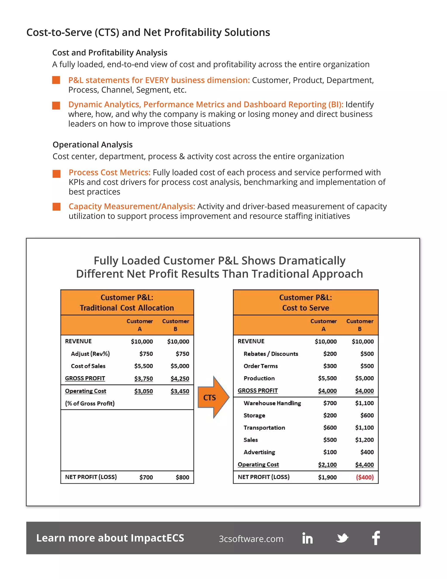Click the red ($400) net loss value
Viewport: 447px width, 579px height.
pos(365,477)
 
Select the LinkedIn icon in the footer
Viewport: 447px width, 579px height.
pos(308,538)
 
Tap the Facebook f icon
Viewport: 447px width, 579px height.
pos(376,538)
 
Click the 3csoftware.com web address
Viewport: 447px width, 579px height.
pos(251,539)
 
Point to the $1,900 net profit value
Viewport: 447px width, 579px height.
pos(327,477)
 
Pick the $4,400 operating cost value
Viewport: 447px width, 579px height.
pos(364,465)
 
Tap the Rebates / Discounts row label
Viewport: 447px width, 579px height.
pos(271,354)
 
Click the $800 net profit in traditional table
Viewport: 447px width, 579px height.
pos(182,477)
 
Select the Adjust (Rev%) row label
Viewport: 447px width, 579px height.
pos(90,354)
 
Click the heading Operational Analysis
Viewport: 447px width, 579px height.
pos(93,145)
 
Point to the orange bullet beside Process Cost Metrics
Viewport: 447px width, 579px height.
pos(56,174)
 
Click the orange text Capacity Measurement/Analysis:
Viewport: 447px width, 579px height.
pos(132,206)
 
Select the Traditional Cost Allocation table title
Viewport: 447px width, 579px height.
pos(127,308)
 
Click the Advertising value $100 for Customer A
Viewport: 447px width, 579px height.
pos(330,452)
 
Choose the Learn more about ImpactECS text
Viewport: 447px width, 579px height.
pos(110,538)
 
